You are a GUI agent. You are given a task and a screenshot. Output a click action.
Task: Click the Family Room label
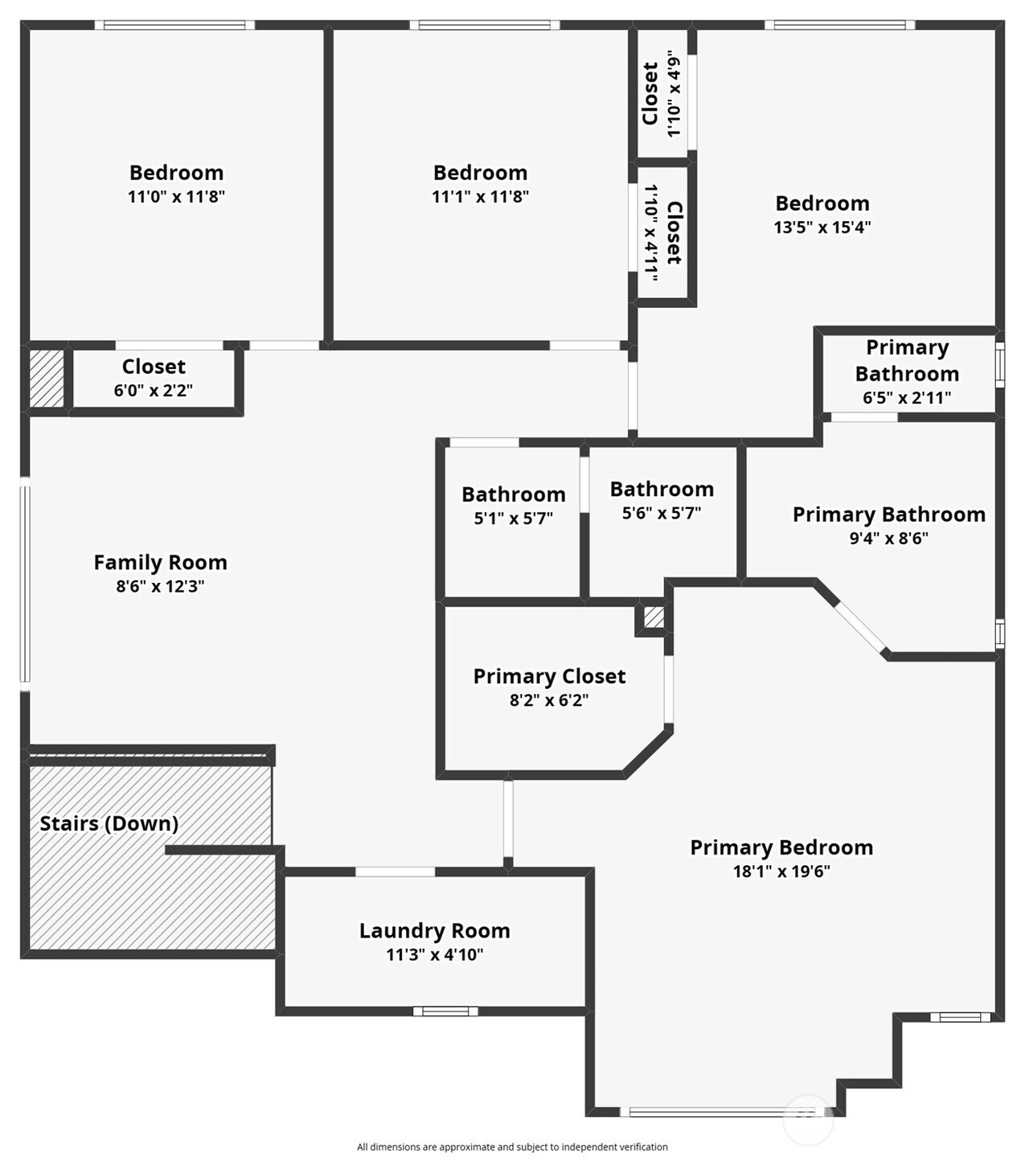(x=161, y=563)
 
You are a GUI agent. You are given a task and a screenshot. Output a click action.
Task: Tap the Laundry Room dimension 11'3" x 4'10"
(x=435, y=954)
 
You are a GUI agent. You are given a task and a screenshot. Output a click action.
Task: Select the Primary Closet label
(x=549, y=676)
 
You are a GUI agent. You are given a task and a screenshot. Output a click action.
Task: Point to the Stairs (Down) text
(x=109, y=823)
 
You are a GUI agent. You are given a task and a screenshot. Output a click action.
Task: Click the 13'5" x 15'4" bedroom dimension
(x=822, y=228)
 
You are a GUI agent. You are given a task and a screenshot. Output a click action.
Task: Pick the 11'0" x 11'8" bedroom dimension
(x=176, y=196)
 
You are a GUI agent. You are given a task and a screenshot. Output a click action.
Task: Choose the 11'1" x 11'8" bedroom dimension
(x=480, y=196)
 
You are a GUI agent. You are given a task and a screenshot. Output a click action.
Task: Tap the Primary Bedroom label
(x=781, y=847)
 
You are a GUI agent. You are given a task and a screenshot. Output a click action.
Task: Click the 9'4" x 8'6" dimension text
(x=889, y=538)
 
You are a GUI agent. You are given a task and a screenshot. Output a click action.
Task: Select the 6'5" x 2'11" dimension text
(x=907, y=397)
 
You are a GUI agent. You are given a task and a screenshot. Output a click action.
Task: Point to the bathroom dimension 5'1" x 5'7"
(x=514, y=519)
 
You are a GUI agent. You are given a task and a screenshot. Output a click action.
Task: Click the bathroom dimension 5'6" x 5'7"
(x=662, y=513)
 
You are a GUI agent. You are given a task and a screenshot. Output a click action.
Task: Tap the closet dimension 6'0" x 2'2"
(x=154, y=391)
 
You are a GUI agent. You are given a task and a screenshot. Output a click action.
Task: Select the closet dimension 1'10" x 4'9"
(x=675, y=93)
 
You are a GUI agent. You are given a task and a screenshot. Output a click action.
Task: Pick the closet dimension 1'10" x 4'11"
(x=651, y=233)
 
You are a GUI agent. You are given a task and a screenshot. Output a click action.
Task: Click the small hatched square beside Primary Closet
(x=654, y=617)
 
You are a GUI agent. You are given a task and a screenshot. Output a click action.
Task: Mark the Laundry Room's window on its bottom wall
(x=445, y=1011)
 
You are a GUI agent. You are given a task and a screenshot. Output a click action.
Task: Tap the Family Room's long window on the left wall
(x=25, y=584)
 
